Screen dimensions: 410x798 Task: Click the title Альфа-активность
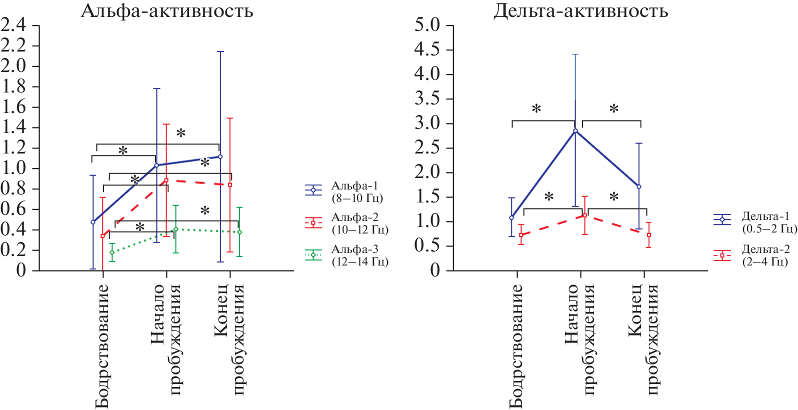[167, 10]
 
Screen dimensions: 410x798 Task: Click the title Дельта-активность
[580, 10]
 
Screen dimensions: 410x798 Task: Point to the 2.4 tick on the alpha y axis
[13, 25]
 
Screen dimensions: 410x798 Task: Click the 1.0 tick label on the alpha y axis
[13, 168]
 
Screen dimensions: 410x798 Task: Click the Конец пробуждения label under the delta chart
[643, 340]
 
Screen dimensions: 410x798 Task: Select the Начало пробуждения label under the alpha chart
[165, 340]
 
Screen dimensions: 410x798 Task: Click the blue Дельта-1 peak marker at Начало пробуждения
[575, 130]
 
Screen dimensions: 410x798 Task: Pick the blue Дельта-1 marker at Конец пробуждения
[639, 186]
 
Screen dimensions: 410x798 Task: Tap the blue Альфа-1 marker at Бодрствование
[92, 222]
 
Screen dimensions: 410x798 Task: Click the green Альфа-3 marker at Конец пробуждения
[239, 232]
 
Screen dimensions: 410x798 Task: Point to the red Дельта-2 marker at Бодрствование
[521, 235]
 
